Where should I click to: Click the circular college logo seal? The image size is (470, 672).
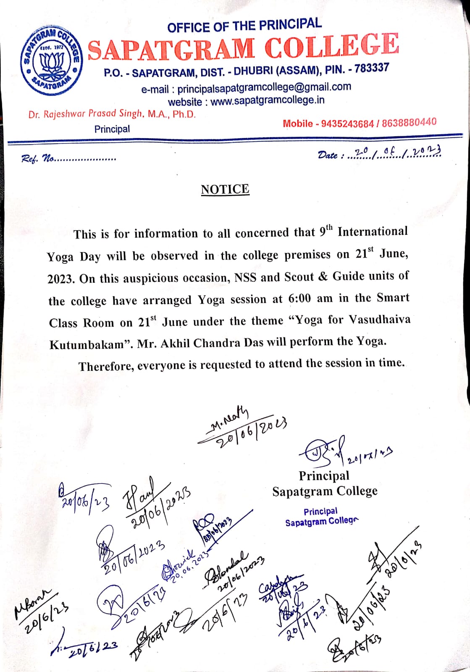coord(51,60)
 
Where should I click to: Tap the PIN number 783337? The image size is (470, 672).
coord(372,68)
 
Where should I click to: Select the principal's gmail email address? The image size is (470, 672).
coord(264,87)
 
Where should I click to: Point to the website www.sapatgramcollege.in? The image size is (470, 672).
coord(267,101)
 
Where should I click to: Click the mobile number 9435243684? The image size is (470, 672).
coord(347,123)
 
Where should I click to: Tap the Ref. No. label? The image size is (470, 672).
coord(38,159)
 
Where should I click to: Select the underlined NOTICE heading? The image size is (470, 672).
coord(225,189)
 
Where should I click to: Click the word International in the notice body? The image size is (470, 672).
coord(373,231)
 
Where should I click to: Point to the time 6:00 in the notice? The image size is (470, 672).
coord(299,299)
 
